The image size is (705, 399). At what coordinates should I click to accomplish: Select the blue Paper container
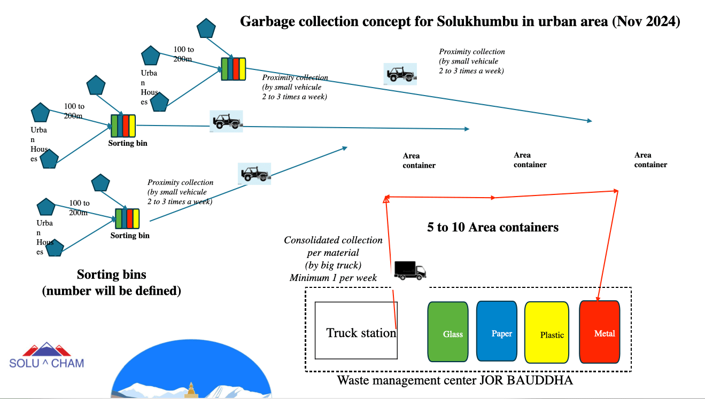click(497, 331)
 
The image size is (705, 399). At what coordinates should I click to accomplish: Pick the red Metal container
click(600, 332)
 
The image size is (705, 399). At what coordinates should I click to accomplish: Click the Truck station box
click(356, 331)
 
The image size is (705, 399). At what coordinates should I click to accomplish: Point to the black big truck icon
click(410, 270)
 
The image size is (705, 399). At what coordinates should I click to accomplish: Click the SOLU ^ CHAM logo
click(47, 356)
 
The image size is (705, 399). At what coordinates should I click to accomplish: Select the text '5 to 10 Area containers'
click(492, 227)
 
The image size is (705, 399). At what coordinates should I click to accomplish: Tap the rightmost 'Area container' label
click(650, 160)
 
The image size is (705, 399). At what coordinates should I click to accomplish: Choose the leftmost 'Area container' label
click(419, 160)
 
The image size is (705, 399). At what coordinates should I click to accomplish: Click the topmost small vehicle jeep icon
click(400, 74)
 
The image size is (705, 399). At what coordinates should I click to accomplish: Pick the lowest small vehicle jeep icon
click(254, 174)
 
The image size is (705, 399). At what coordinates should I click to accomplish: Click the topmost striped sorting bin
click(234, 68)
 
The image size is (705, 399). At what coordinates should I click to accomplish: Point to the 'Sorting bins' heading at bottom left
click(111, 275)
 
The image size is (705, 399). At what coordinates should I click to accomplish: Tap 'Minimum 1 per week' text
click(333, 277)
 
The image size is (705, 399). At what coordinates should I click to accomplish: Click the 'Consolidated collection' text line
click(333, 240)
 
